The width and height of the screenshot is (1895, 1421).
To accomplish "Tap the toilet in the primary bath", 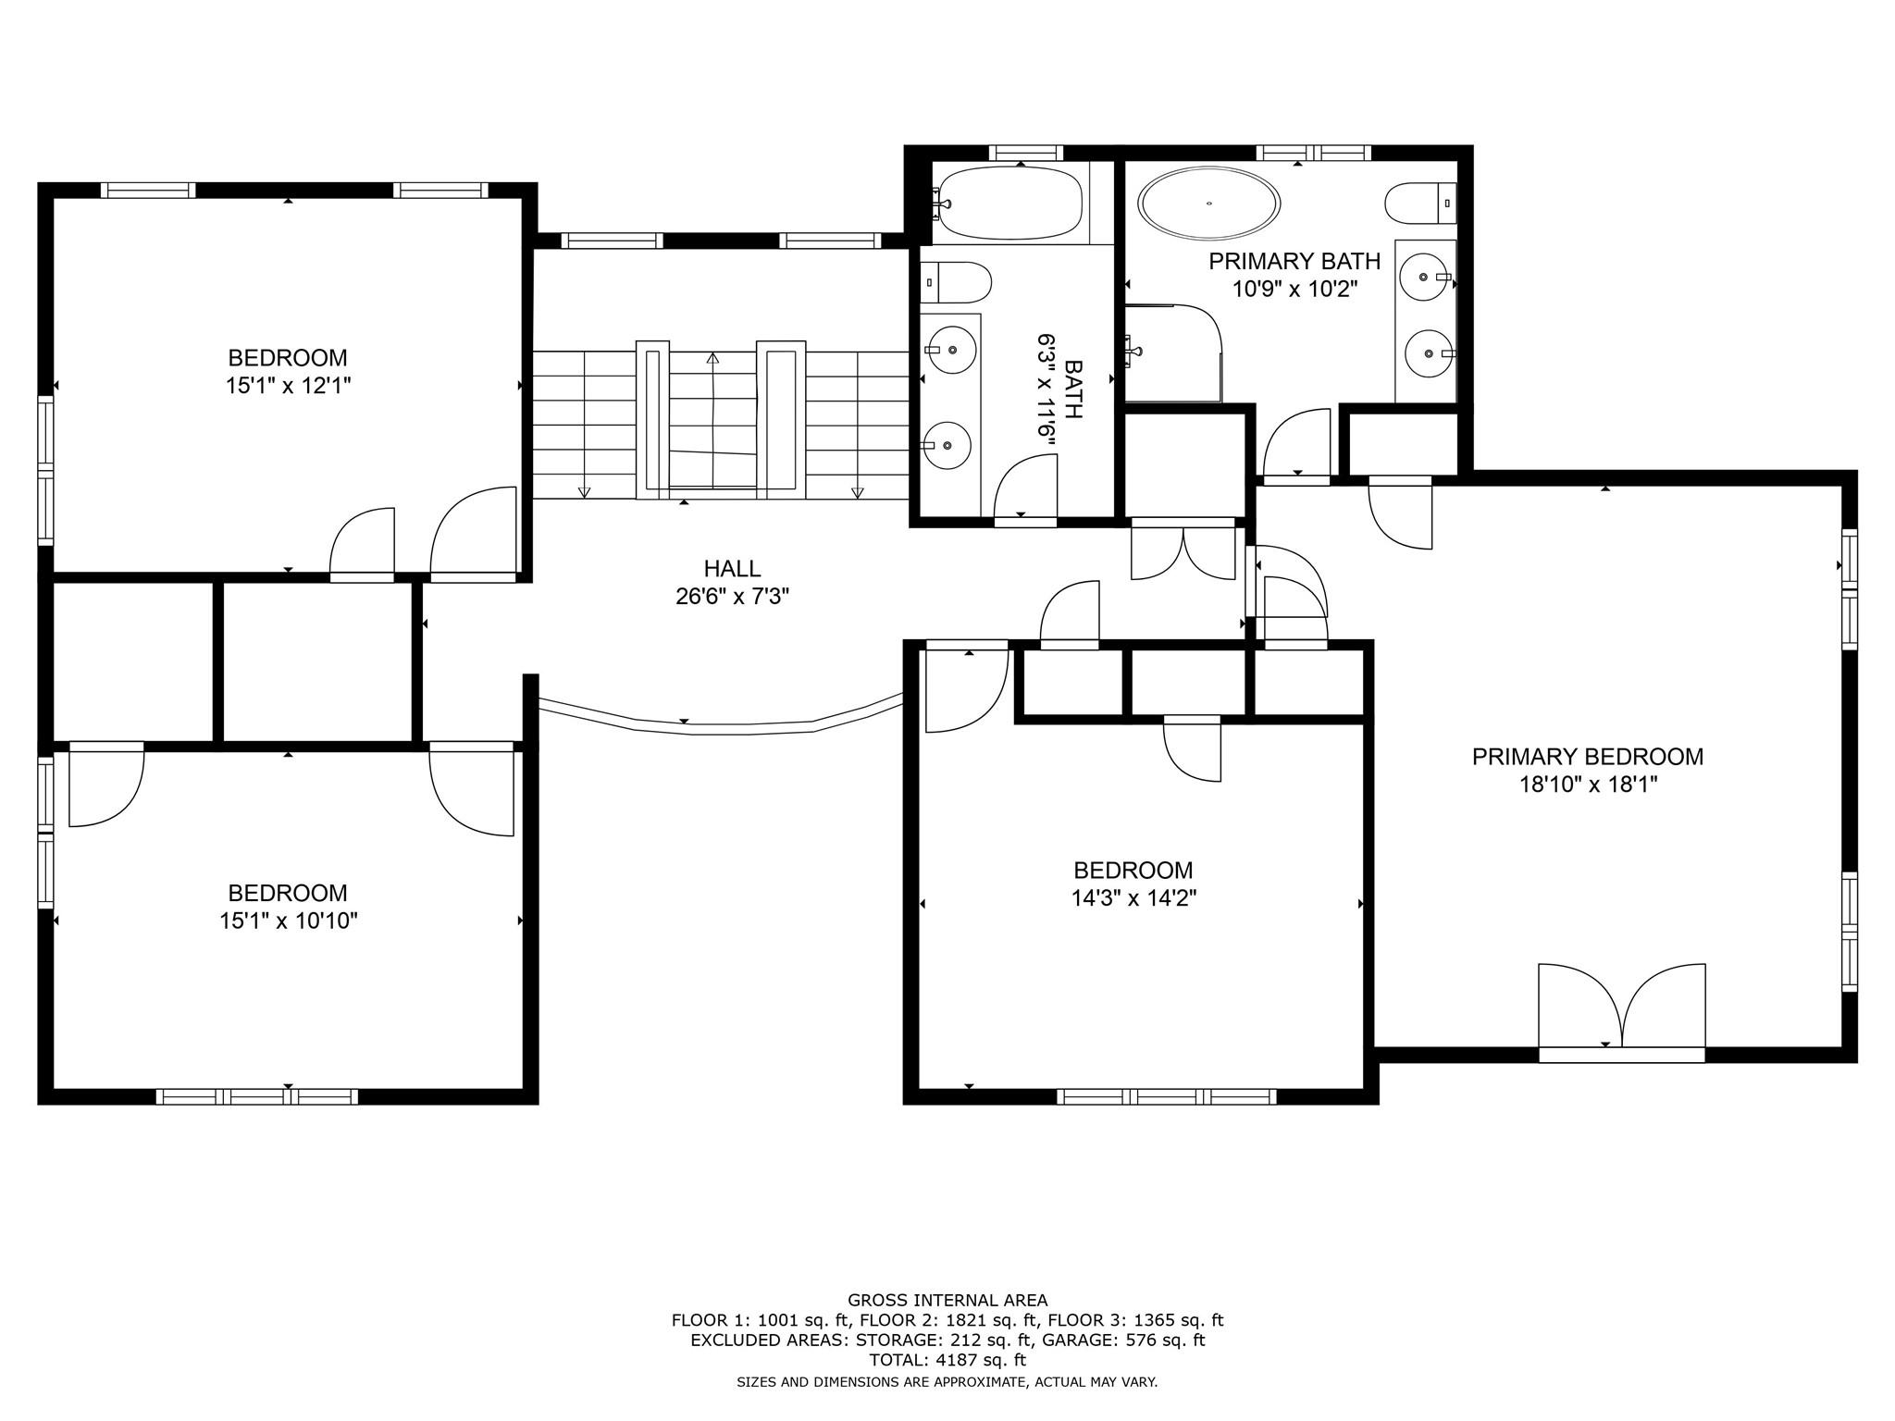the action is [1421, 203].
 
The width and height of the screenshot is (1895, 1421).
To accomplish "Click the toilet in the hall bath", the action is [957, 281].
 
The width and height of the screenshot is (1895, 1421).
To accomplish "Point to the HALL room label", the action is [732, 568].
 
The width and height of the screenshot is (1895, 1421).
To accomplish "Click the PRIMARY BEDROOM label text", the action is [1588, 757].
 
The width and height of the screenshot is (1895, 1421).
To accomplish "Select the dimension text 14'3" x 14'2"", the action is [1133, 898].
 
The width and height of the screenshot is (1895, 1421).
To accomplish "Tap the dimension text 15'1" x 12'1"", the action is [289, 386].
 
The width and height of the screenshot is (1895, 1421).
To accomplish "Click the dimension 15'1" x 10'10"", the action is [289, 921].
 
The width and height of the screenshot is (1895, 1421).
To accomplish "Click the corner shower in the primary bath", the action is [1173, 353].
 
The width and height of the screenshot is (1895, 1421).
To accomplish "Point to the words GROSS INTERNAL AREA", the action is [947, 1301].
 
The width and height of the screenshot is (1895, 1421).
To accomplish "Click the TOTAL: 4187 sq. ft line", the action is [947, 1360].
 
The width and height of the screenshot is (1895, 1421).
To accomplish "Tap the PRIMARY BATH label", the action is [1294, 262].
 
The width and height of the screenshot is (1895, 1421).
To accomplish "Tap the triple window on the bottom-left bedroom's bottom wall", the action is [257, 1096].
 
